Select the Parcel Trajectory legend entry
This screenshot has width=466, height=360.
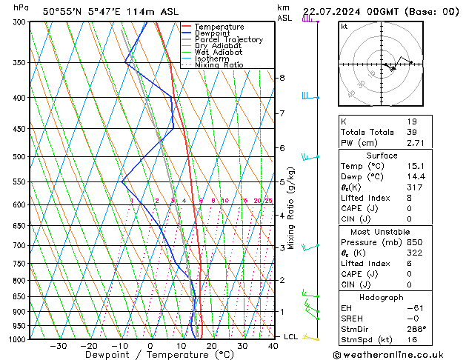point(228,40)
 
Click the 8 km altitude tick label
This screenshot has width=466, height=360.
point(282,78)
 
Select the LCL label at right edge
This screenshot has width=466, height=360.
point(291,337)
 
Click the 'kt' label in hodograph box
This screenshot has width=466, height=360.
point(344,27)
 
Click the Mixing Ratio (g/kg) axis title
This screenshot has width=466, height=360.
point(292,209)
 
